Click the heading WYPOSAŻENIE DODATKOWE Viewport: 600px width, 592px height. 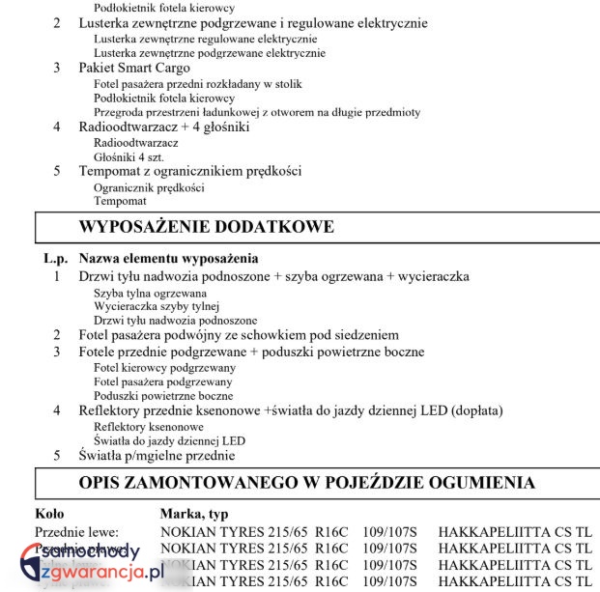(206, 227)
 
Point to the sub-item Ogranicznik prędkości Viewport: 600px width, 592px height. (149, 186)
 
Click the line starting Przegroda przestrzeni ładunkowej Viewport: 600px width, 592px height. (257, 112)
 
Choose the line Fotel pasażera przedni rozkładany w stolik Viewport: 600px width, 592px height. (198, 83)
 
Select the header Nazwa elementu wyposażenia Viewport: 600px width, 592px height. (168, 259)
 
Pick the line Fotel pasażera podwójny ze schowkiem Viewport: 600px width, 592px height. (239, 334)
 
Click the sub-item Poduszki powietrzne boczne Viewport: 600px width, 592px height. (163, 396)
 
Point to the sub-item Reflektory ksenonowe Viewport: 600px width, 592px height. (148, 426)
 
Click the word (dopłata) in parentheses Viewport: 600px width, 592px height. (471, 410)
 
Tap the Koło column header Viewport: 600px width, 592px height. (49, 515)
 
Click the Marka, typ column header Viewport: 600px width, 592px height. (193, 515)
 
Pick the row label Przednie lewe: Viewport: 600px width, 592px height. (76, 531)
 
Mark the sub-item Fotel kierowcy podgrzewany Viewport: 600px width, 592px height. (164, 367)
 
